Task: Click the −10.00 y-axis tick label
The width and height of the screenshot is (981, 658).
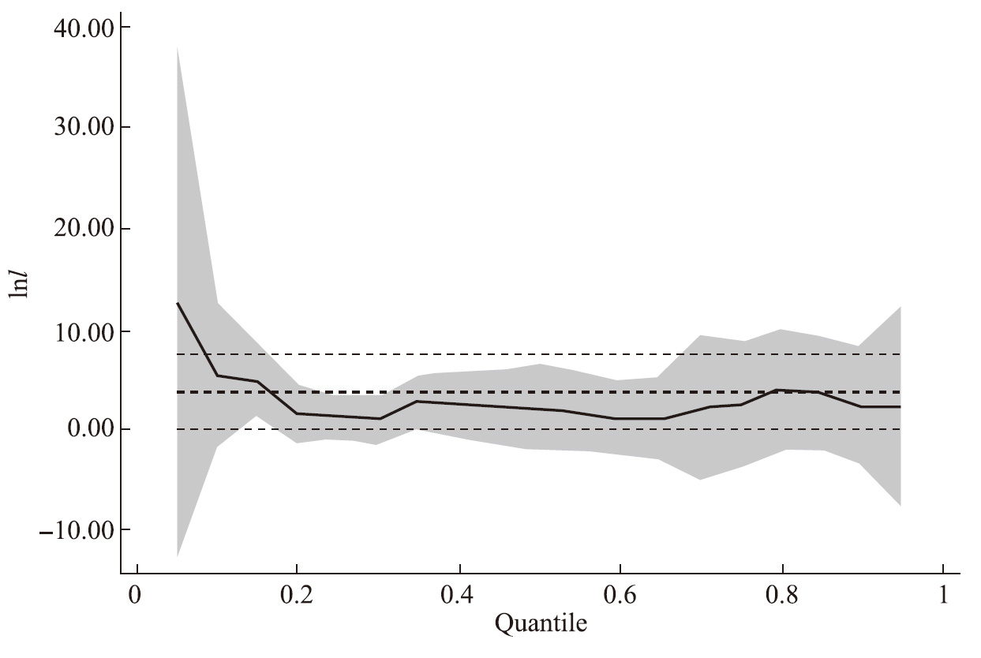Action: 77,529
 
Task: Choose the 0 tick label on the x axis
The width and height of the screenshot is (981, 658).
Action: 137,594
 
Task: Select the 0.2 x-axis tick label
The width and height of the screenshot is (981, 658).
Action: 297,594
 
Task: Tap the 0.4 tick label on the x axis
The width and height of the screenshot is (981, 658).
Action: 459,594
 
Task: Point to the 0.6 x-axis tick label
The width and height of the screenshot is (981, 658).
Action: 620,594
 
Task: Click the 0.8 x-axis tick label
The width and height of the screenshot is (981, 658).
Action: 782,594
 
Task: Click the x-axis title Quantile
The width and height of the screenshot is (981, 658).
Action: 541,625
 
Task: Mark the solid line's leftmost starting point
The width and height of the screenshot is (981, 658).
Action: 178,303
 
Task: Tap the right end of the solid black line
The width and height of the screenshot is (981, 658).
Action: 900,406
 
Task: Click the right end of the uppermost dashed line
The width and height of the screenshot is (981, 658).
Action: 900,354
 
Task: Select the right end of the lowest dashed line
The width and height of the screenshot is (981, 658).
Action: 900,429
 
